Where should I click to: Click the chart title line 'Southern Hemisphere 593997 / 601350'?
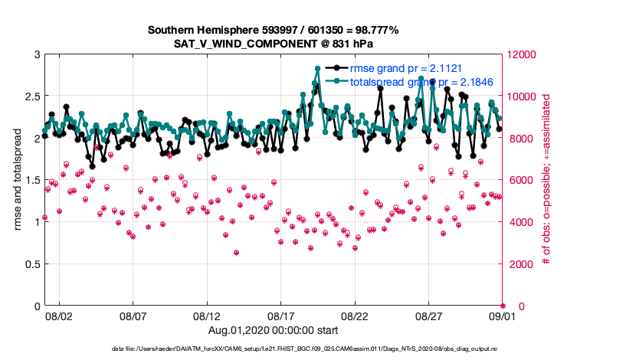click(273, 30)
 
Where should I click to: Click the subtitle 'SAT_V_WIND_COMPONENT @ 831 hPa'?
click(273, 44)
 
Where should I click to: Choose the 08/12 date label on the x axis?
click(207, 315)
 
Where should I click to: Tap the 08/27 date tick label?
click(429, 315)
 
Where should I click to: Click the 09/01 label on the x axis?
click(503, 315)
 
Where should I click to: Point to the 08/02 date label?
click(59, 315)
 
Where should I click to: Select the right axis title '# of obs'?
click(546, 180)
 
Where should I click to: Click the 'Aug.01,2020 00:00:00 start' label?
click(273, 329)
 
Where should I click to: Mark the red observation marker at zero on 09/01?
click(503, 306)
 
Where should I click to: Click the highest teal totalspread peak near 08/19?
click(317, 68)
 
